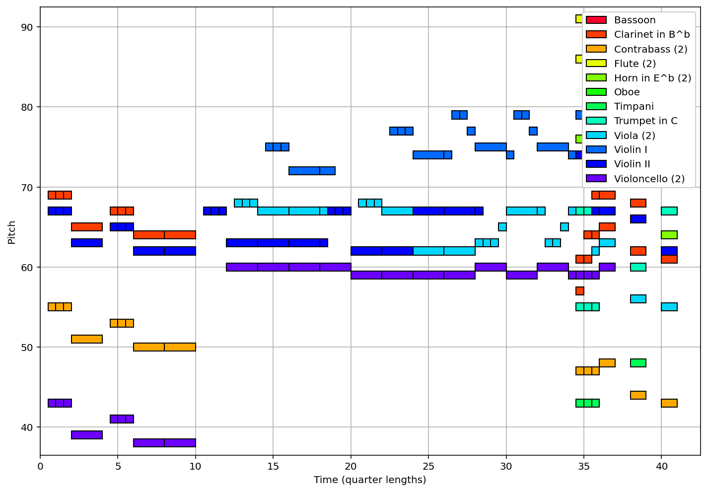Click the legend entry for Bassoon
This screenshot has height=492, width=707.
click(635, 20)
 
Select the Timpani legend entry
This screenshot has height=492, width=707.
click(634, 107)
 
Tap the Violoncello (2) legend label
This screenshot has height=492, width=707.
click(649, 179)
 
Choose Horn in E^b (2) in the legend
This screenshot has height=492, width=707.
click(652, 78)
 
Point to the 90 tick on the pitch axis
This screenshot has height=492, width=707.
click(30, 27)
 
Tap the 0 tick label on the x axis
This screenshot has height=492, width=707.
click(40, 467)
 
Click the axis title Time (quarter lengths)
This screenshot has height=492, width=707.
click(370, 480)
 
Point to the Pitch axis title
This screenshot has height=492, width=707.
click(11, 232)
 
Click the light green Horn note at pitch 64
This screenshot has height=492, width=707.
click(669, 235)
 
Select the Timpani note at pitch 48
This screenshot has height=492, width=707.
click(638, 363)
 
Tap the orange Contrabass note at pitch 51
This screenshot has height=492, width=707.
click(87, 339)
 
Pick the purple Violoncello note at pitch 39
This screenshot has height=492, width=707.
click(87, 435)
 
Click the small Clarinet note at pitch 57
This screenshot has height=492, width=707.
click(579, 291)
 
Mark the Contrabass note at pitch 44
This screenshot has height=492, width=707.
click(638, 395)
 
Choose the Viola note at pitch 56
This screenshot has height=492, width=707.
click(638, 299)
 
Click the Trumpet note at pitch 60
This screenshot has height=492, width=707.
click(638, 267)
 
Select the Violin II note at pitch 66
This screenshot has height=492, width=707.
click(638, 219)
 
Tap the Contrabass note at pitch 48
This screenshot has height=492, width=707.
click(607, 363)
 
